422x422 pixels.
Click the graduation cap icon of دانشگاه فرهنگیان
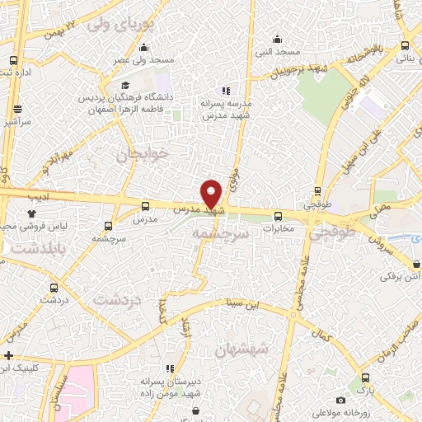[x=124, y=85]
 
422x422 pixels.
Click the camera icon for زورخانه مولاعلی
[x=341, y=400]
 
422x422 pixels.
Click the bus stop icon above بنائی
[x=404, y=46]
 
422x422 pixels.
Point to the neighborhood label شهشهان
[x=241, y=349]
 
